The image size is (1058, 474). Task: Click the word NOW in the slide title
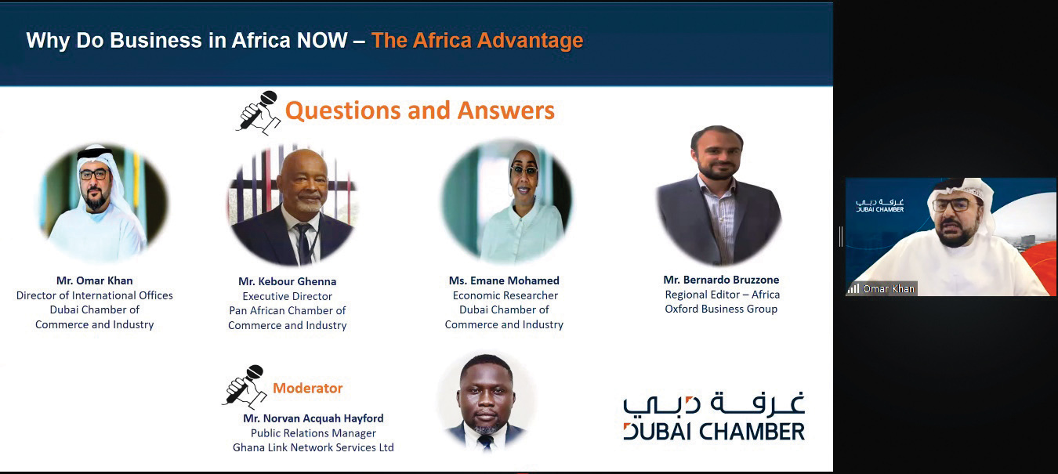pos(322,40)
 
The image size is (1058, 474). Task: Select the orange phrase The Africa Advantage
pos(477,41)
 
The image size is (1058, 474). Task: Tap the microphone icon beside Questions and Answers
pos(258,112)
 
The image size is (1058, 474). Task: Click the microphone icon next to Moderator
pos(245,387)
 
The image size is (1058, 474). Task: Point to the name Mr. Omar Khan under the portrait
pos(95,280)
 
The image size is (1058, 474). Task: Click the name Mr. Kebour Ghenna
pos(287,281)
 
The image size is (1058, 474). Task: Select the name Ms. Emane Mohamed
pos(504,280)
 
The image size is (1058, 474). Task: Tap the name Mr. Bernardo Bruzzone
pos(721,280)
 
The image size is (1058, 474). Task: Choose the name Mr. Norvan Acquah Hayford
pos(313,418)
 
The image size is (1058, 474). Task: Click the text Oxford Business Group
pos(721,309)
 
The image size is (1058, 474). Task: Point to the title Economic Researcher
pos(505,295)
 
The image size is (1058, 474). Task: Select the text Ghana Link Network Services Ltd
pos(313,447)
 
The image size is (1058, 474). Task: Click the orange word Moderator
pos(307,388)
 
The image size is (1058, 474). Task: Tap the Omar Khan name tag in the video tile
pos(889,288)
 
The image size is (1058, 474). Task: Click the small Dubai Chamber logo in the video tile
pos(879,205)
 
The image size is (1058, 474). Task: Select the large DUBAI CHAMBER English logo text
pos(714,432)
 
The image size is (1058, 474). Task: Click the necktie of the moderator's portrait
pos(485,442)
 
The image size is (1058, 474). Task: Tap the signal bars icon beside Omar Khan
pos(853,288)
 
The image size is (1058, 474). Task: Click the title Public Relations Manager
pos(313,433)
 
